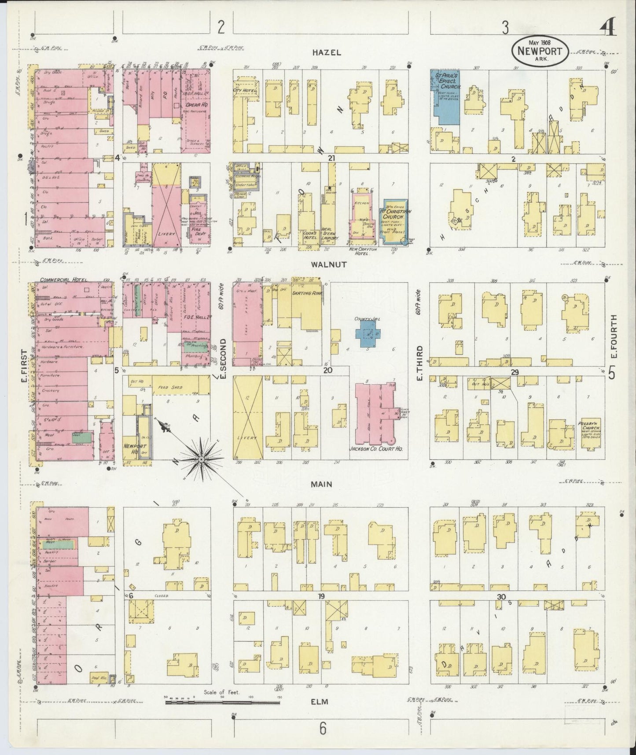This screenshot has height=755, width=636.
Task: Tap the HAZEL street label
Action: [x=327, y=52]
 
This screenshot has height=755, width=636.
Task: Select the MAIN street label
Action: [x=321, y=484]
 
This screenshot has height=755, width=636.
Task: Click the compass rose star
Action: [x=201, y=459]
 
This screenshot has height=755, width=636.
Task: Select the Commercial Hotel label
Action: [x=64, y=280]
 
